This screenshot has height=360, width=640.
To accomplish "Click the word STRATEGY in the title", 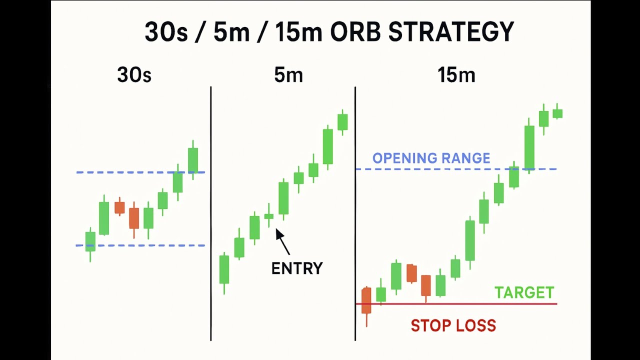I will coord(451,32).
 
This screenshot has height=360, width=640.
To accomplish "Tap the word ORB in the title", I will coord(354,32).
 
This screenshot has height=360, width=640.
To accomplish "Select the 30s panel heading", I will coord(134,75).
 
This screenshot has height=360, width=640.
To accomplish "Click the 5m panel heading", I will coord(288,75).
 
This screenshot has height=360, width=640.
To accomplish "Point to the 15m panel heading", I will coord(456,75).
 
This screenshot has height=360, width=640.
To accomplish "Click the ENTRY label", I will coord(297,268).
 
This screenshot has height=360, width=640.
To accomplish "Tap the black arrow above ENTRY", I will coord(282,241).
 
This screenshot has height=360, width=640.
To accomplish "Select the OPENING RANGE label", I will coord(431,158).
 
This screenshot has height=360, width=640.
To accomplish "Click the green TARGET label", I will coord(524,292).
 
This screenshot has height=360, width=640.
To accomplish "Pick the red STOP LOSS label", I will coord(453,326).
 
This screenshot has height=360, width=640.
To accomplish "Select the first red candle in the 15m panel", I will coord(366,301).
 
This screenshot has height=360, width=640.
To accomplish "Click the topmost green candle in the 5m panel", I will coord(342,122).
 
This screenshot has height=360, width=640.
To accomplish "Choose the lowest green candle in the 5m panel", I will coord(224,269).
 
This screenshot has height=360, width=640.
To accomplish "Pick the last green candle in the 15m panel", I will coord(557,113).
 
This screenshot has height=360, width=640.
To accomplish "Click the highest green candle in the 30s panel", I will coord(193,160).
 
